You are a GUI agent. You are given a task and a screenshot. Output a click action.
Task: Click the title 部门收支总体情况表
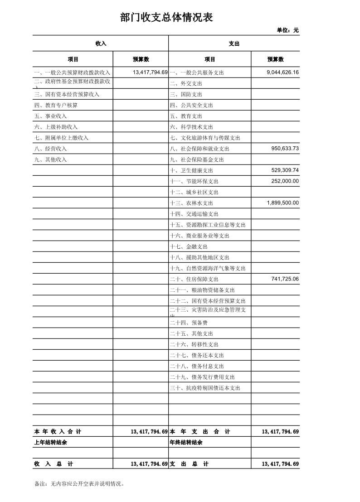click(166, 18)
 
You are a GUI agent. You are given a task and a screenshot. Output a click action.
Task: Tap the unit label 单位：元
click(287, 30)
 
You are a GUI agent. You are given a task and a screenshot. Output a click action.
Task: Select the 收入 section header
click(101, 43)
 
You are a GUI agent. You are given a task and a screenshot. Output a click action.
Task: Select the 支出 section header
click(234, 43)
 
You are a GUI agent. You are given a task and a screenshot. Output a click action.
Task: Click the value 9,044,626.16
click(282, 72)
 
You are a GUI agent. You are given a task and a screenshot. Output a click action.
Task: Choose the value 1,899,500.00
click(282, 203)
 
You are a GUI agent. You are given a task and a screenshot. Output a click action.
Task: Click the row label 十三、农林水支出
click(191, 203)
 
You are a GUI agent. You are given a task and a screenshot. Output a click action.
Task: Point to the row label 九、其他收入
click(50, 160)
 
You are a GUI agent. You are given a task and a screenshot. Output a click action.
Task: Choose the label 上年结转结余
click(50, 443)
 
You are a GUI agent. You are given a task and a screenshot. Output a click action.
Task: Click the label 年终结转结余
click(186, 443)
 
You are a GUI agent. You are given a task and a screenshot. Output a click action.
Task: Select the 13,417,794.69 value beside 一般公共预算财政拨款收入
click(150, 72)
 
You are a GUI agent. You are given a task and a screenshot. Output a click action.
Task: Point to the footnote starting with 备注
click(79, 484)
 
